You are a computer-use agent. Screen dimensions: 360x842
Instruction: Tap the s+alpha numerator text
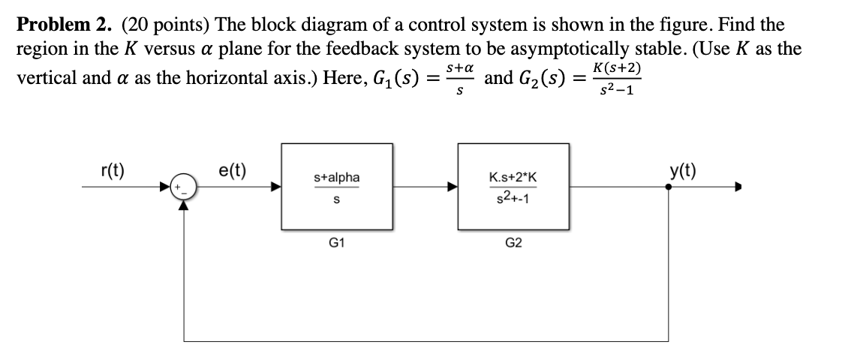(x=337, y=177)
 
